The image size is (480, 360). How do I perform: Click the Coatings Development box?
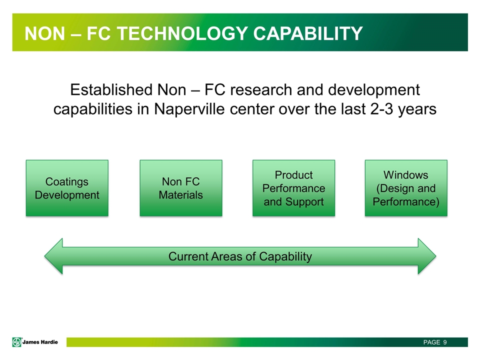67,188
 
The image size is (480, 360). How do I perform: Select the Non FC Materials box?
181,188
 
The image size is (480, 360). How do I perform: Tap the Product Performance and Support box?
293,188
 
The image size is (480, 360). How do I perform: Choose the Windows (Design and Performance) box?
406,188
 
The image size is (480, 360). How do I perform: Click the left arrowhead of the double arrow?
54,256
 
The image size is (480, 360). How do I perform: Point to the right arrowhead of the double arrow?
426,256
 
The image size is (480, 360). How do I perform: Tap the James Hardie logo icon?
17,342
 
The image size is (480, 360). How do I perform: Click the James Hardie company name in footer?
40,342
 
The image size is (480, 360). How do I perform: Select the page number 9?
445,342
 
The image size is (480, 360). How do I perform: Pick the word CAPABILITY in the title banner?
308,33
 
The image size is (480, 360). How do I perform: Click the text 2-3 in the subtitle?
381,109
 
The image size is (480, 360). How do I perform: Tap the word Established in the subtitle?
111,90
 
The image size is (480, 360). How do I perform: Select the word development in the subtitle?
374,90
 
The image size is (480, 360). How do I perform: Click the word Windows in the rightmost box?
406,175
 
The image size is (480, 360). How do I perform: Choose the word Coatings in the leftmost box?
66,182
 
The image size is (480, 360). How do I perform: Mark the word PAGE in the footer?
431,342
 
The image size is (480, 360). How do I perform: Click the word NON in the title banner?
44,33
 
